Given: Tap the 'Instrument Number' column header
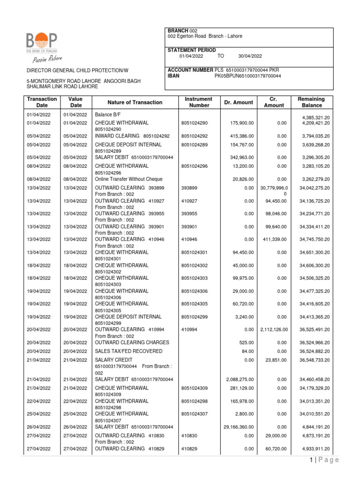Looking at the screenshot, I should pos(199,102).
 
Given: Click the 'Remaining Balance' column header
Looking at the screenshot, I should pos(311,102).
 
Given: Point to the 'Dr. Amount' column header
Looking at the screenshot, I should pos(239,102).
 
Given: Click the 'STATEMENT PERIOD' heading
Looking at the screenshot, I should pos(191,50).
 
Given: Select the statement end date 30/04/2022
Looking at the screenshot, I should pos(250,56).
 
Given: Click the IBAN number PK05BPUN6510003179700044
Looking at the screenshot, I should pos(247,76).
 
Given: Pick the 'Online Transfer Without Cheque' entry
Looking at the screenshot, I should pos(128,179).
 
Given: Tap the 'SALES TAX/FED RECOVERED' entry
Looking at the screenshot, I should pos(128,351).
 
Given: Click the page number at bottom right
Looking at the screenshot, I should pos(311,460).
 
